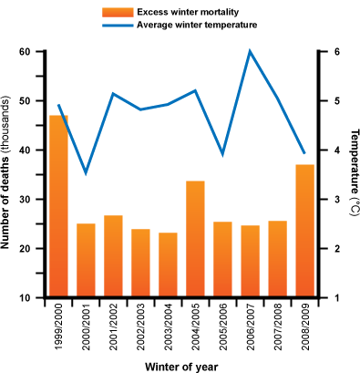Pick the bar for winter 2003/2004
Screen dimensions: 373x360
[x=168, y=264]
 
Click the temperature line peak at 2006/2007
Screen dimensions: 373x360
[x=250, y=52]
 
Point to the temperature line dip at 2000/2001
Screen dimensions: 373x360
[x=86, y=172]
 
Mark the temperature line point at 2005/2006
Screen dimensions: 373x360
[x=222, y=154]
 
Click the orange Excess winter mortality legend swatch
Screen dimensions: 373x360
[x=117, y=11]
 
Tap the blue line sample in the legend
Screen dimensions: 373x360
[x=117, y=25]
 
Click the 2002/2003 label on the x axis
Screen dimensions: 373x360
[x=140, y=327]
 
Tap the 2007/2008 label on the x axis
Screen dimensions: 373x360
[x=277, y=327]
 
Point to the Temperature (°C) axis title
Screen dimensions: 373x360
[x=351, y=174]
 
